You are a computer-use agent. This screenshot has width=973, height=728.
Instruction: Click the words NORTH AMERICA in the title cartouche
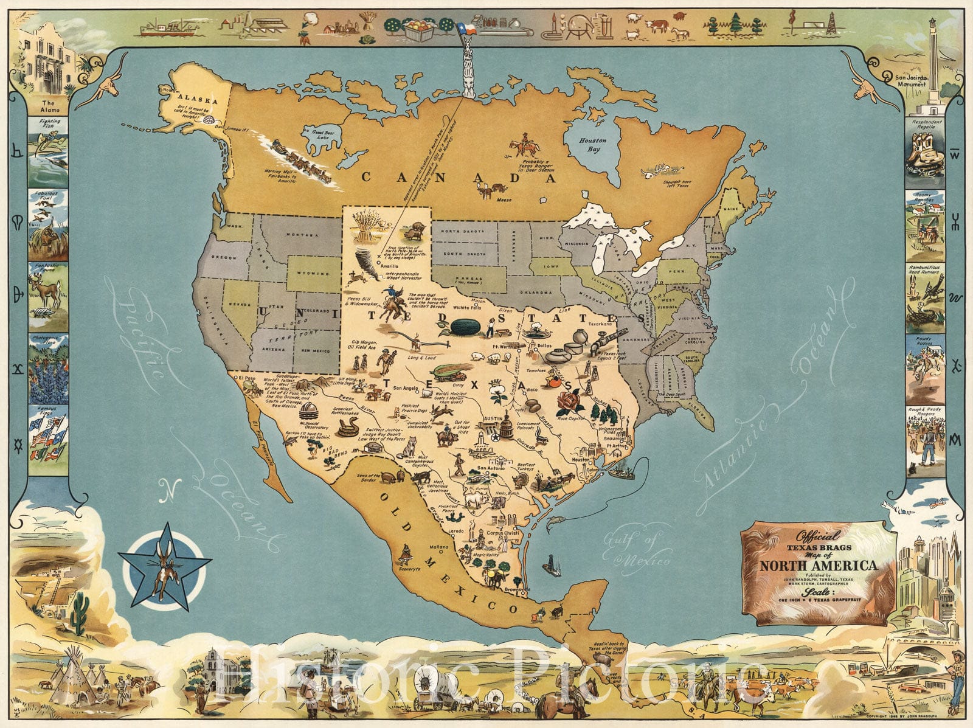click(819, 565)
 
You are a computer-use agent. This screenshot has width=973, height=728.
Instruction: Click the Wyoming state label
click(313, 274)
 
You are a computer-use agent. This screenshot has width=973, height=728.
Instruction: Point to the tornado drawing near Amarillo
click(367, 260)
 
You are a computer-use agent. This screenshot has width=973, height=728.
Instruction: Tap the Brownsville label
click(516, 589)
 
